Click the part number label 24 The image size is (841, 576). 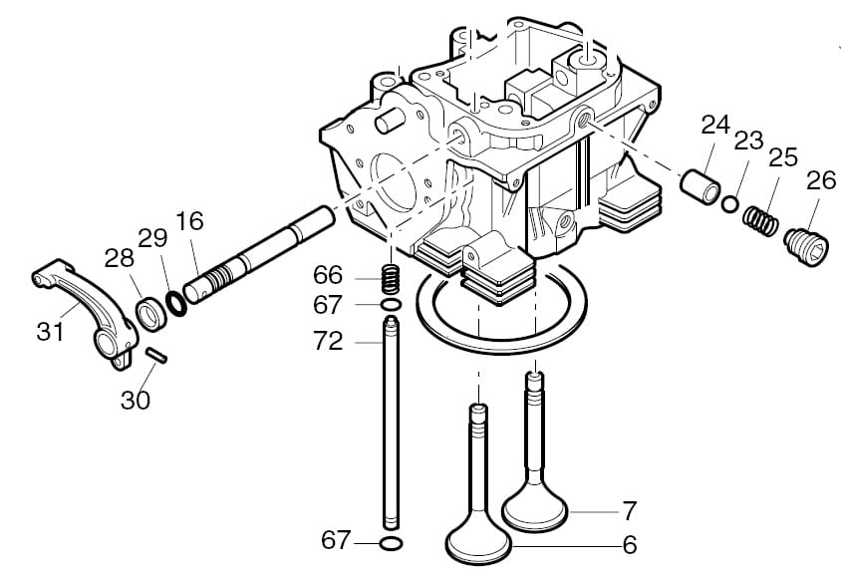click(x=715, y=126)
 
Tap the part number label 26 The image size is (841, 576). click(x=821, y=180)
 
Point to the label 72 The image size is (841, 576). click(x=328, y=342)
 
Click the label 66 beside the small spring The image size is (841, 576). click(x=328, y=274)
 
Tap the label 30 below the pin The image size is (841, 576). click(x=137, y=400)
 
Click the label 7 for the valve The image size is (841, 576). click(x=629, y=512)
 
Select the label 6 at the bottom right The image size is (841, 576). click(x=629, y=545)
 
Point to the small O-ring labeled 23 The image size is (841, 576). click(x=730, y=203)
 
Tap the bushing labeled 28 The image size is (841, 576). click(x=150, y=312)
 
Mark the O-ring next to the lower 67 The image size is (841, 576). click(x=393, y=543)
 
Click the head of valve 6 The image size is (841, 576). click(x=478, y=543)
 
